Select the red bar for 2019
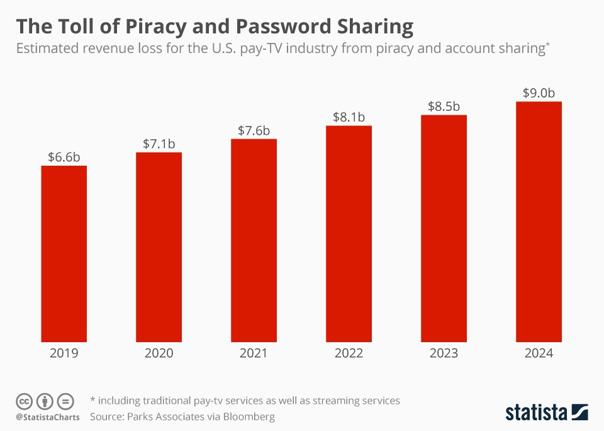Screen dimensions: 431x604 64,252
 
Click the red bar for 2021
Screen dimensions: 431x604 254,239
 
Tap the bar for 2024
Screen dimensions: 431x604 539,221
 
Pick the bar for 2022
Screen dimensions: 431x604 349,233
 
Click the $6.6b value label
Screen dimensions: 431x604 64,157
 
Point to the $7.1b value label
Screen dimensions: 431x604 159,144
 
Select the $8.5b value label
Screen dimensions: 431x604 444,106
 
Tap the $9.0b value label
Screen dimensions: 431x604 539,93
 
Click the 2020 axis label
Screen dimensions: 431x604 159,353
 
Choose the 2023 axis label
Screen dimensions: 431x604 444,353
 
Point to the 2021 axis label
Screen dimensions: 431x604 254,353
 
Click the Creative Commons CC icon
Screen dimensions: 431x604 24,401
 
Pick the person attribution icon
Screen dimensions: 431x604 45,401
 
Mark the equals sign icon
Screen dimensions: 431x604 65,401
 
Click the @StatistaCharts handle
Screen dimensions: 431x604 48,417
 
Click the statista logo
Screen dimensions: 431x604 546,413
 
